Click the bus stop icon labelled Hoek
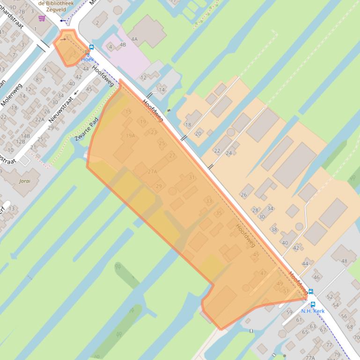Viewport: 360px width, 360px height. (91, 47)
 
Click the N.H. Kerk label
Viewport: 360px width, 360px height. (313, 311)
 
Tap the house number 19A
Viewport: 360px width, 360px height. (130, 136)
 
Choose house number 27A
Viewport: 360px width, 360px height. (152, 172)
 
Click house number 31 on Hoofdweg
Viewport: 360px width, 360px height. (191, 178)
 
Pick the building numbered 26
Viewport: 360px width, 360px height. (243, 194)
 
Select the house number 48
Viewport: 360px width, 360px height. (344, 261)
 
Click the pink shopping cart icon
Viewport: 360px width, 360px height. (42, 18)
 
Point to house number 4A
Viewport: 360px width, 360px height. (134, 39)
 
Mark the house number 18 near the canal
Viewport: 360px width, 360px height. (188, 125)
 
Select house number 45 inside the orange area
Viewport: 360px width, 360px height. (256, 254)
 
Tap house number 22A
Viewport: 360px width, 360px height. (40, 119)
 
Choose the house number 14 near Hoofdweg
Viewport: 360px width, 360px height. (162, 89)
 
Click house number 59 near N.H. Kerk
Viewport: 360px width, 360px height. (289, 312)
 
